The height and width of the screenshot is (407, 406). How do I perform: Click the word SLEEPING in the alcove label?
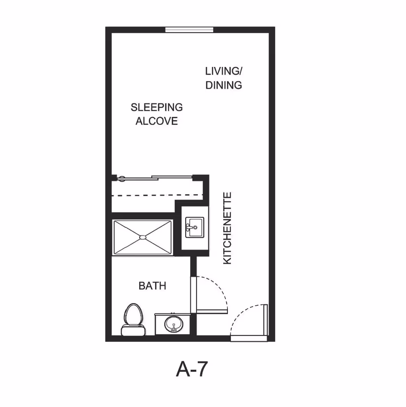[156, 107]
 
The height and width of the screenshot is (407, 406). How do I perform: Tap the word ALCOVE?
[156, 121]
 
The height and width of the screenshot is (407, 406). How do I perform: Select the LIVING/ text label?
[223, 71]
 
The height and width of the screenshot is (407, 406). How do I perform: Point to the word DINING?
[223, 85]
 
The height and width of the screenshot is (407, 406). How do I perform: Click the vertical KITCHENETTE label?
[227, 228]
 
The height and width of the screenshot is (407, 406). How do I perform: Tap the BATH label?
[152, 286]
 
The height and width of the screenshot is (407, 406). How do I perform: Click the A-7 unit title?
[192, 369]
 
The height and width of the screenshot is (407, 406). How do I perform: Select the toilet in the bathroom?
[133, 319]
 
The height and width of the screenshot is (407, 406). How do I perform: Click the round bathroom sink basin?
[173, 324]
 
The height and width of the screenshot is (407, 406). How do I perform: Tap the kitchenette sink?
[195, 227]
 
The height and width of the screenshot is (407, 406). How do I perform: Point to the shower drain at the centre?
[143, 237]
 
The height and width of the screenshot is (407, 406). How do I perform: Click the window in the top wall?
[189, 30]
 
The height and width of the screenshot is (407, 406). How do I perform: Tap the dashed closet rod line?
[157, 195]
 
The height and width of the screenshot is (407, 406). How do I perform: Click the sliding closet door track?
[155, 178]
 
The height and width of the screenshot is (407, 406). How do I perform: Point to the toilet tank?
[133, 330]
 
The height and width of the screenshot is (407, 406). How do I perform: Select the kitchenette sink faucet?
[190, 227]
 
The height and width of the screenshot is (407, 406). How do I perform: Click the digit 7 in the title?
[201, 369]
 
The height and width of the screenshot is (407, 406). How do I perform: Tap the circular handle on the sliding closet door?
[121, 179]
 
